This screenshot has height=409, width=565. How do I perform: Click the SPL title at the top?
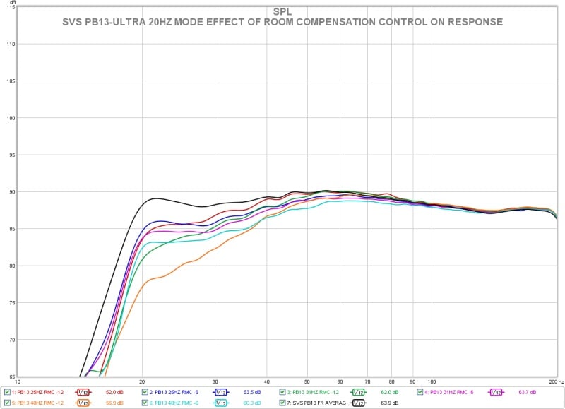pyautogui.click(x=282, y=12)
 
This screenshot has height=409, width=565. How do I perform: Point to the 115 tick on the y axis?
pyautogui.click(x=11, y=8)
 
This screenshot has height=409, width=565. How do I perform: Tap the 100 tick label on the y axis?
pyautogui.click(x=11, y=118)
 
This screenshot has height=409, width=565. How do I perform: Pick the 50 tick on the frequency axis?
pyautogui.click(x=307, y=381)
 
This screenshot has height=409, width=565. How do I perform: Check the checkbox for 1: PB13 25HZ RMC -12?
pyautogui.click(x=8, y=392)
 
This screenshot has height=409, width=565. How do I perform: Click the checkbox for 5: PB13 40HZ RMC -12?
pyautogui.click(x=8, y=403)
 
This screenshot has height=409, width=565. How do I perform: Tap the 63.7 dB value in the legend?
pyautogui.click(x=527, y=392)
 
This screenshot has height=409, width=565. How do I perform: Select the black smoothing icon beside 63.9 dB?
pyautogui.click(x=358, y=403)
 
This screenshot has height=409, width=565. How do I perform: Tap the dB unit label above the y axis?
pyautogui.click(x=13, y=2)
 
